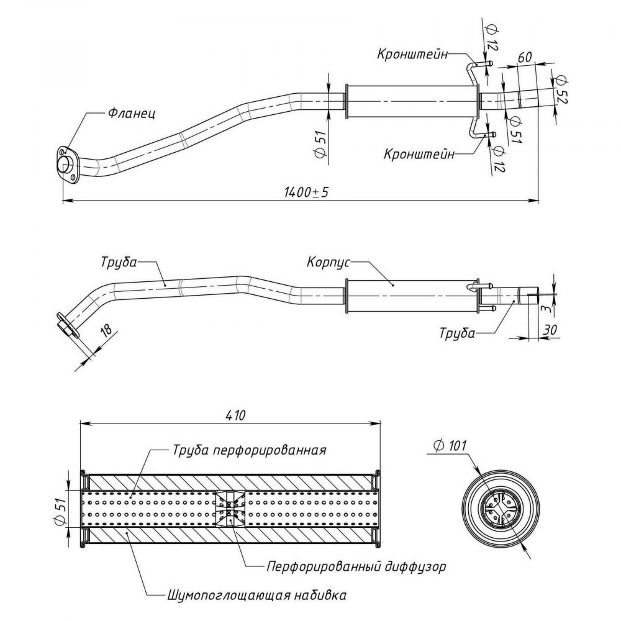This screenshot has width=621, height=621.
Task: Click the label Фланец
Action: [132, 114]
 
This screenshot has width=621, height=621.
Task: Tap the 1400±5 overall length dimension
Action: [306, 193]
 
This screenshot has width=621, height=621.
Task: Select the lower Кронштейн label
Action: [419, 153]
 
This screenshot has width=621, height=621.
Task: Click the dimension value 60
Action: [525, 57]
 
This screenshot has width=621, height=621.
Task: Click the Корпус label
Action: [329, 263]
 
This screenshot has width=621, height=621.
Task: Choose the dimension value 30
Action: [550, 330]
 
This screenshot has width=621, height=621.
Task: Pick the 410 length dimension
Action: [235, 415]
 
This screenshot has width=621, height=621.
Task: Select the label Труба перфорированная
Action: [250, 450]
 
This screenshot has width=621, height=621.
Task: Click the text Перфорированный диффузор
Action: [356, 566]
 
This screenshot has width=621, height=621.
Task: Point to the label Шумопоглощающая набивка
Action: [256, 596]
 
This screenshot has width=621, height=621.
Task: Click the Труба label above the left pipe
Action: [119, 262]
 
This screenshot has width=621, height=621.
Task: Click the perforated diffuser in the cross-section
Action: [230, 509]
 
